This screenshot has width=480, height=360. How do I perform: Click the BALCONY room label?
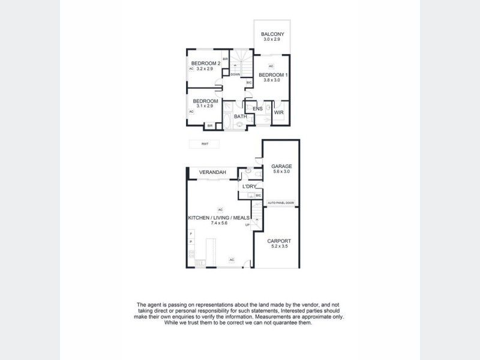click(x=273, y=34)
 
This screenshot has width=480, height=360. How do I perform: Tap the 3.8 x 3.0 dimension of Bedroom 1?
click(x=273, y=80)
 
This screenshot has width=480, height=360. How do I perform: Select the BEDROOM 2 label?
click(x=206, y=64)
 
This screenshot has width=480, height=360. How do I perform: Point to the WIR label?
click(x=278, y=112)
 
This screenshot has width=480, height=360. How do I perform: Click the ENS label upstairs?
click(x=258, y=109)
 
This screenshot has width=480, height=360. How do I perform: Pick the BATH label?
click(x=240, y=116)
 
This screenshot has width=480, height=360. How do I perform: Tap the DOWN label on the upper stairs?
click(x=235, y=74)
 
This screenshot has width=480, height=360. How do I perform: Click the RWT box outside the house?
click(x=203, y=144)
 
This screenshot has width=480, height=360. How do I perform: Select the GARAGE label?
click(x=281, y=166)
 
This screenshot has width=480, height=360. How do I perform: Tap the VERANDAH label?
click(x=212, y=173)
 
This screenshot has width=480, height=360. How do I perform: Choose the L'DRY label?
click(x=249, y=187)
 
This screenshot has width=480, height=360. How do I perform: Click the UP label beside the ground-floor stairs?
click(x=247, y=225)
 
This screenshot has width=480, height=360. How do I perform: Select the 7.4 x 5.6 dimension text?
click(x=220, y=223)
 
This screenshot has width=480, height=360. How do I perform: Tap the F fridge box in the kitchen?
click(x=191, y=233)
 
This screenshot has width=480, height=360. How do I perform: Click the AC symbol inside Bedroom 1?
click(x=271, y=66)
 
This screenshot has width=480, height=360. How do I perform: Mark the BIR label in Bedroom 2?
click(x=224, y=59)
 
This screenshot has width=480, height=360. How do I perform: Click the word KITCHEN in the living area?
click(x=199, y=217)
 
